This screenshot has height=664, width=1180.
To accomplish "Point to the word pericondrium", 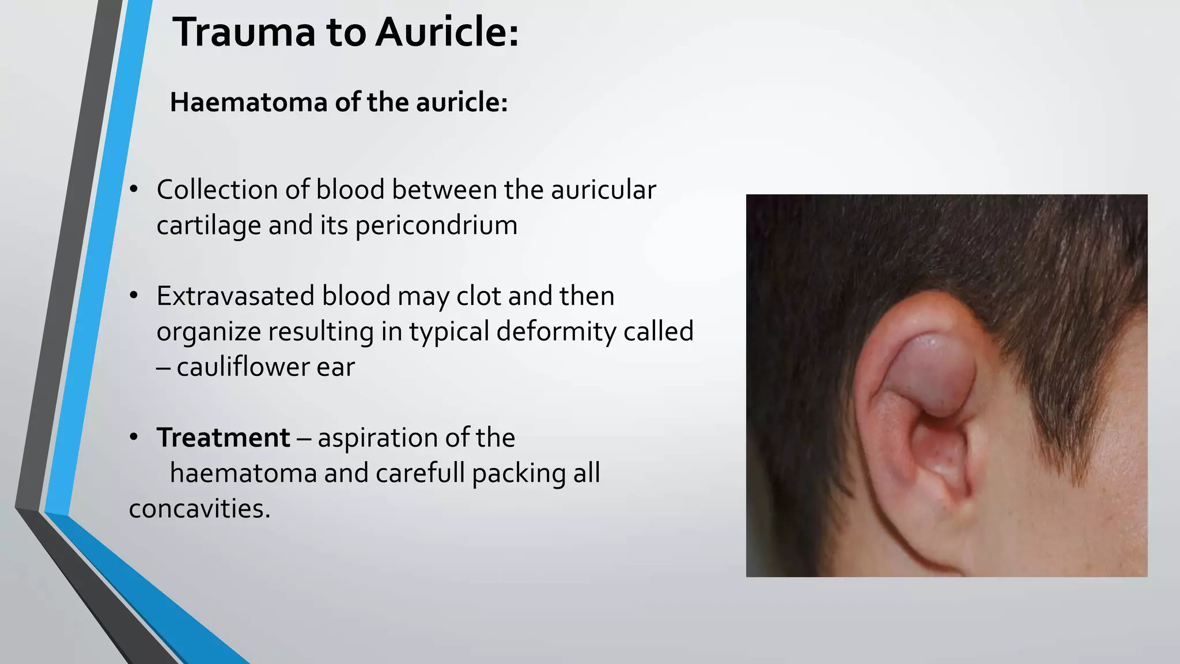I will click(436, 225).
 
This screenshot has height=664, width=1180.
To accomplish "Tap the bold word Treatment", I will click(223, 437).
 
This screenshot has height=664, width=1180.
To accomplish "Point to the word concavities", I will click(199, 509).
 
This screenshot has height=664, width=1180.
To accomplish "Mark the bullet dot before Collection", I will click(134, 189).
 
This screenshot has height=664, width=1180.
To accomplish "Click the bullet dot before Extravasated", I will click(134, 295).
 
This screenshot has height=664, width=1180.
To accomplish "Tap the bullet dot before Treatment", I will click(134, 437).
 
